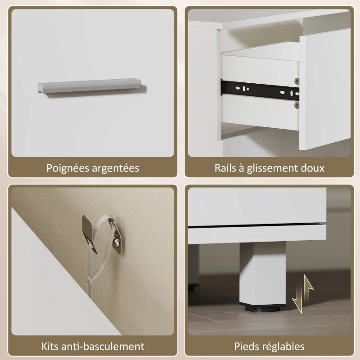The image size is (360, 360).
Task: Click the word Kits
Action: [51, 346]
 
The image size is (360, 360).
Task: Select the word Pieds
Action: [246, 346]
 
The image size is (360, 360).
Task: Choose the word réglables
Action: [283, 346]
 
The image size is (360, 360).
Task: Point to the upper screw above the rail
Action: [297, 81]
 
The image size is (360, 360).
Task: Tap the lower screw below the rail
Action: [296, 105]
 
